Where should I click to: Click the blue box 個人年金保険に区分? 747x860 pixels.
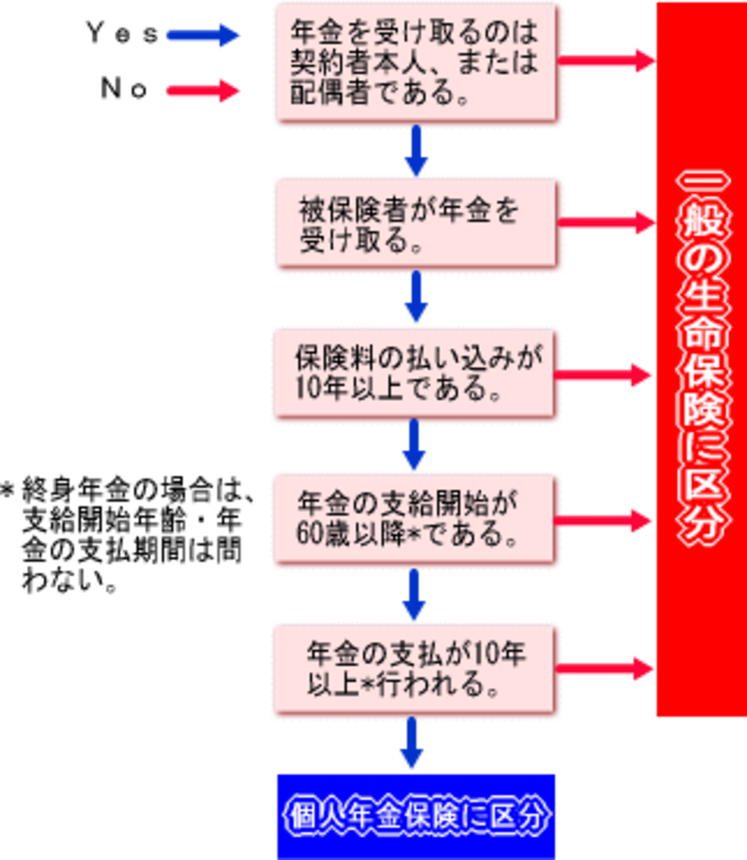[x=415, y=815]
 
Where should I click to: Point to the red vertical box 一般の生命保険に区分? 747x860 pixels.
[x=700, y=360]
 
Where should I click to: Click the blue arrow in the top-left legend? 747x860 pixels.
[x=203, y=36]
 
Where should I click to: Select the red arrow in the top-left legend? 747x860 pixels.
[x=203, y=91]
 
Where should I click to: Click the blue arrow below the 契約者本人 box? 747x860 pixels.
[x=415, y=151]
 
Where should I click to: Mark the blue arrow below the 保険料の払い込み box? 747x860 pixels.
[x=415, y=446]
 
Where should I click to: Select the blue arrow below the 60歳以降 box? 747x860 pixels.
[x=415, y=594]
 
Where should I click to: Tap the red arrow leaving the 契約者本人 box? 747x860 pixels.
[x=607, y=60]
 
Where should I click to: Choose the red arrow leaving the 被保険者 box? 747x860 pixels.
[x=607, y=221]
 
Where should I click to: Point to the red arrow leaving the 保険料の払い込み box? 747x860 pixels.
[x=607, y=374]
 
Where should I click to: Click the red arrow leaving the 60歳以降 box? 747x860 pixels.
[x=607, y=520]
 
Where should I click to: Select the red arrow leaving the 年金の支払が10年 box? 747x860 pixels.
[x=607, y=667]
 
